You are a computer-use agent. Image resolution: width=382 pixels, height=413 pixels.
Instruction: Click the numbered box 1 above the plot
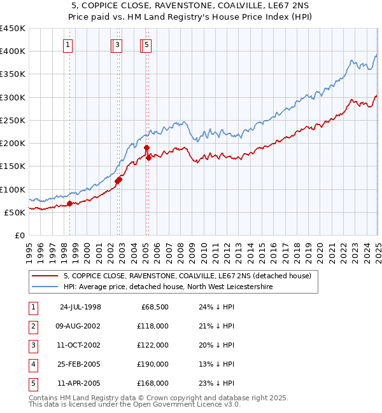pos(67,44)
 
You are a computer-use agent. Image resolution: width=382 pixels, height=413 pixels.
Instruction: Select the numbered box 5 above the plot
pos(146,44)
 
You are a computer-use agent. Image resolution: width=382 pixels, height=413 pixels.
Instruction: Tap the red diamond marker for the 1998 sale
pos(70,203)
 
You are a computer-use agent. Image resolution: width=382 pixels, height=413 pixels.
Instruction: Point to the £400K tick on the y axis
pos(13,51)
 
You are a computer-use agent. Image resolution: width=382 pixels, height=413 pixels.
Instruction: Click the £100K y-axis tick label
pos(13,189)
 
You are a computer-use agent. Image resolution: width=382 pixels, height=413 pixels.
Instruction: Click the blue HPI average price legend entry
pos(168,287)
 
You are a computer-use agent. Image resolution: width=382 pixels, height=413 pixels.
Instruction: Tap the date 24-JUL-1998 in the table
pos(80,307)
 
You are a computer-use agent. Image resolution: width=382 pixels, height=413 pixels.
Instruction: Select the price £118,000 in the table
pos(153,326)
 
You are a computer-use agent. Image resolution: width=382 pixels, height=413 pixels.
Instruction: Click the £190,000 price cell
pos(153,364)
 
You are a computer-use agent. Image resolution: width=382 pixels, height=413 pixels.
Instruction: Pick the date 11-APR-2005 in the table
pos(80,383)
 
